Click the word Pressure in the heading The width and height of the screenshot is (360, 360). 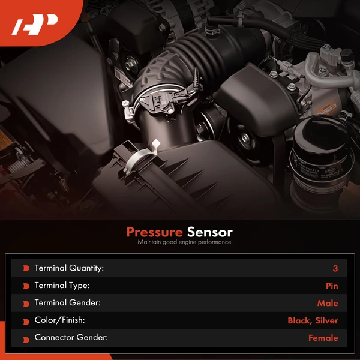154,232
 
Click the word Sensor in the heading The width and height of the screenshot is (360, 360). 209,232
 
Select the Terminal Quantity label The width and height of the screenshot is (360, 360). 69,268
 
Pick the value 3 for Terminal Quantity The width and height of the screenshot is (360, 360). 335,268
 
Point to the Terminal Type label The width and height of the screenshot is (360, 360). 62,286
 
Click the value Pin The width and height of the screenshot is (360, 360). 332,286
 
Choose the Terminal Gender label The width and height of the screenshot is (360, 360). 67,303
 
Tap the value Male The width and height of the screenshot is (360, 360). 328,303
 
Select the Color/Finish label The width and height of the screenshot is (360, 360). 60,320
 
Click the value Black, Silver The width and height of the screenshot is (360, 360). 313,320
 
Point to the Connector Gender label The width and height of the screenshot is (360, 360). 71,338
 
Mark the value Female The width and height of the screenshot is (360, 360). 323,338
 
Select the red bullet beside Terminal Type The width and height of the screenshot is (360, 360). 26,286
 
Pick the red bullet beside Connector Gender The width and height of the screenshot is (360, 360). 26,338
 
